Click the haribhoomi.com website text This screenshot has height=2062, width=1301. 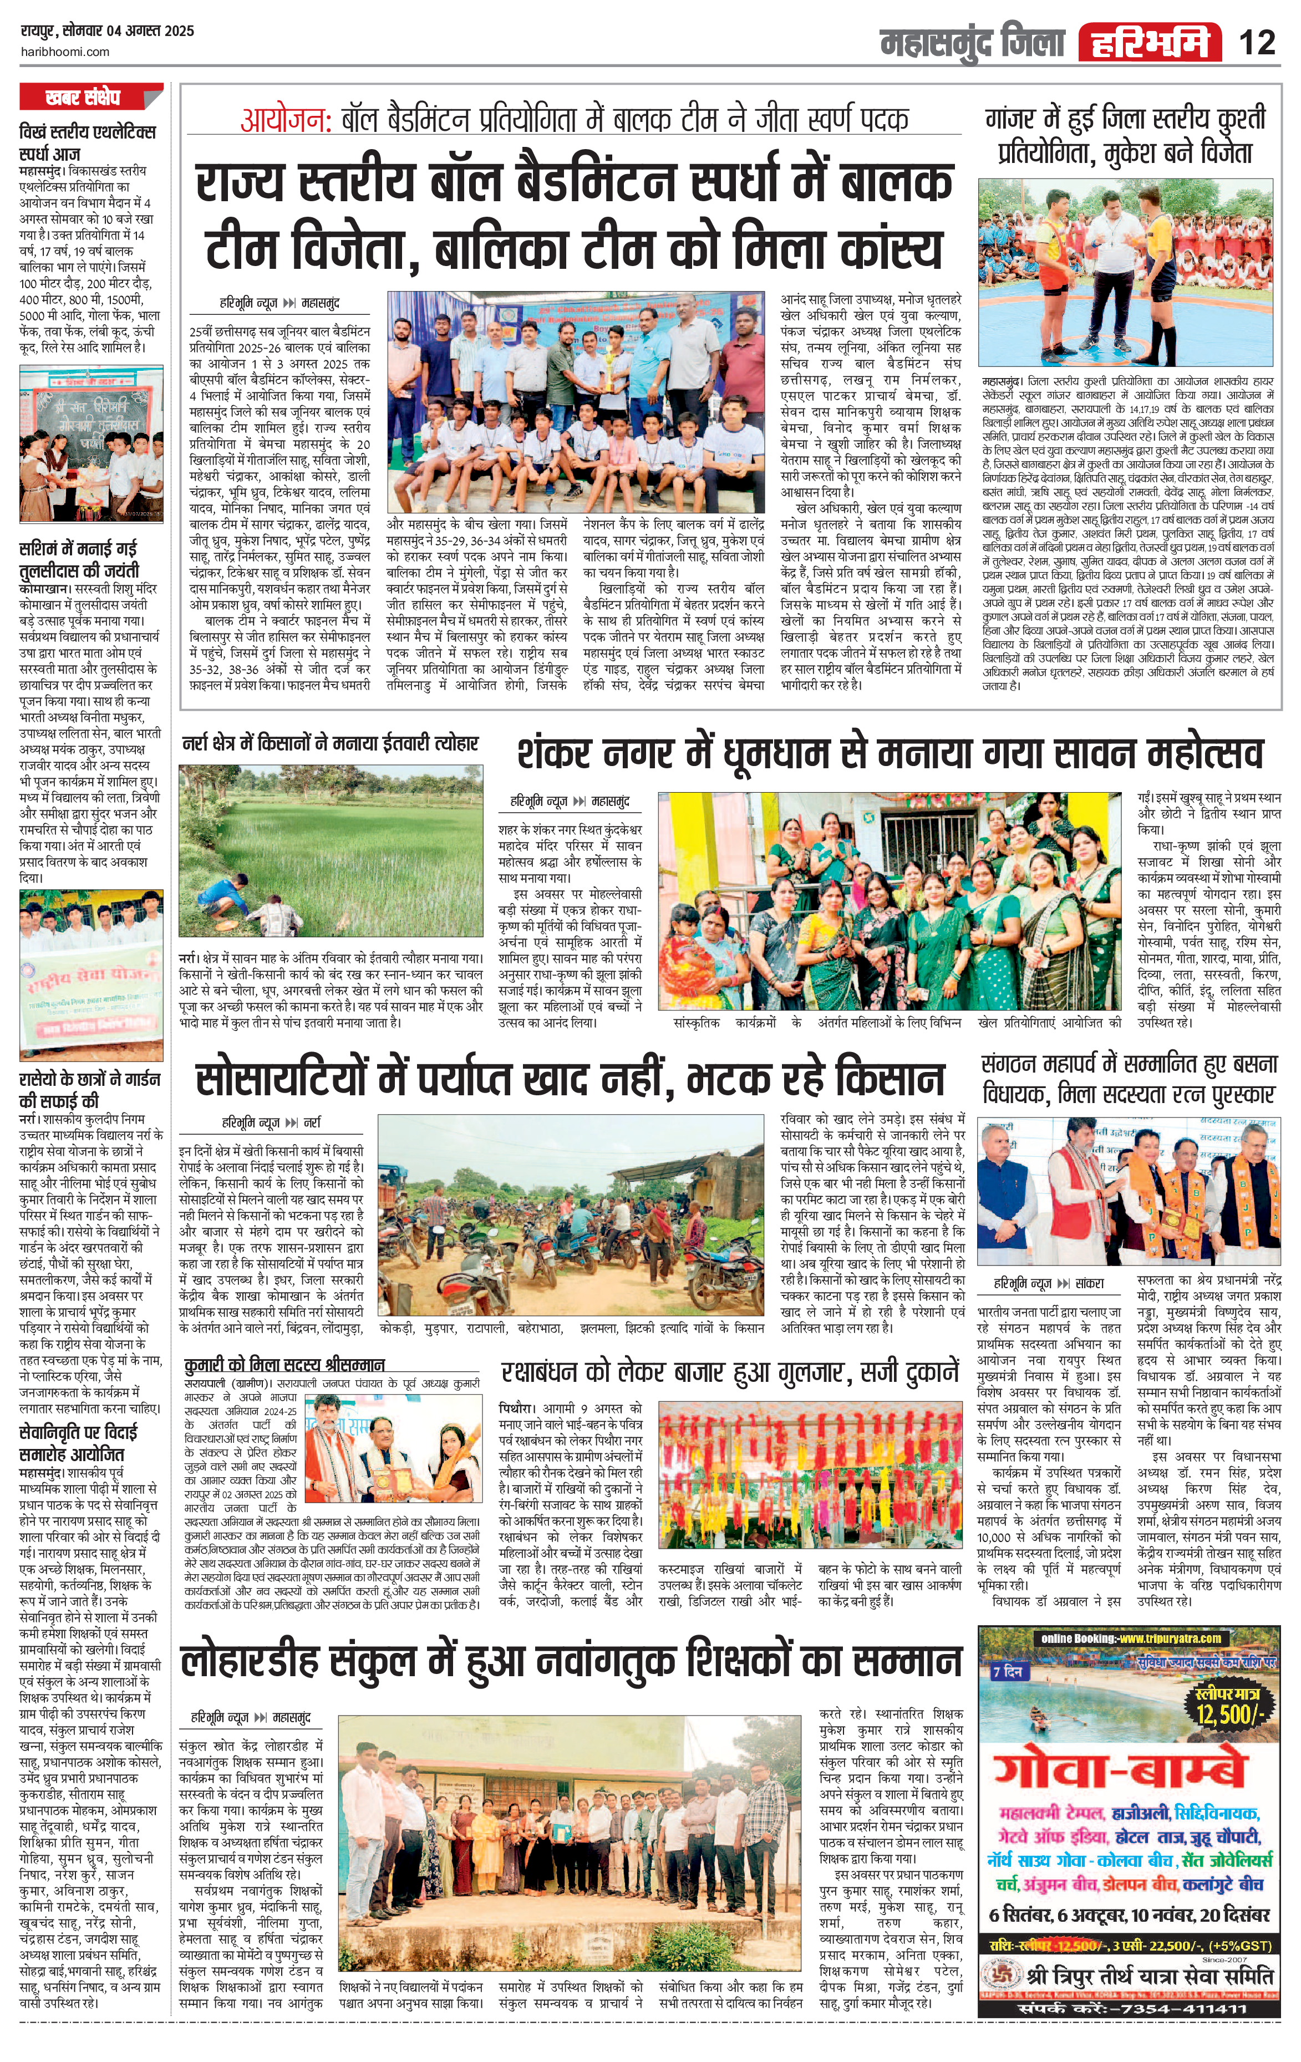pyautogui.click(x=64, y=52)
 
